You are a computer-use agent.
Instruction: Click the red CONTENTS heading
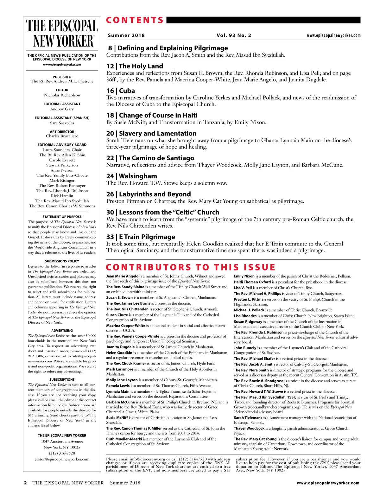point(135,20)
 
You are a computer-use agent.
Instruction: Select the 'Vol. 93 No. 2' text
point(234,35)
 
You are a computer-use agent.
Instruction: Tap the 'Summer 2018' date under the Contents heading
point(126,35)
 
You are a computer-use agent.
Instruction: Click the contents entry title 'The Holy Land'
point(141,66)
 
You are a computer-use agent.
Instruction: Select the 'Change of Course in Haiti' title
point(158,115)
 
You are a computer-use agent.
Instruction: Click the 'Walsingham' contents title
point(138,176)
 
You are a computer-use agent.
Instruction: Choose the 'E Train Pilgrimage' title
point(147,237)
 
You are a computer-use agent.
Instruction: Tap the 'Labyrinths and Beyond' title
point(155,194)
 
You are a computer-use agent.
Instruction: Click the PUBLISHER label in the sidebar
point(62,77)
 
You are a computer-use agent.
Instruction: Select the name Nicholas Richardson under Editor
point(62,95)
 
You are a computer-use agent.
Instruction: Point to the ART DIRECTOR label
point(62,132)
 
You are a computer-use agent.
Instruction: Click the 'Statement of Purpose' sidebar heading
point(62,217)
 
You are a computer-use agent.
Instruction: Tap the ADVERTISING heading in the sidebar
point(62,331)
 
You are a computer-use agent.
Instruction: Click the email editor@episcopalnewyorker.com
point(62,459)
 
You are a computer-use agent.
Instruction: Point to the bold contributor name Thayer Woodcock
point(249,428)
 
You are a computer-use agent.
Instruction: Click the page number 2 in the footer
point(26,483)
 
